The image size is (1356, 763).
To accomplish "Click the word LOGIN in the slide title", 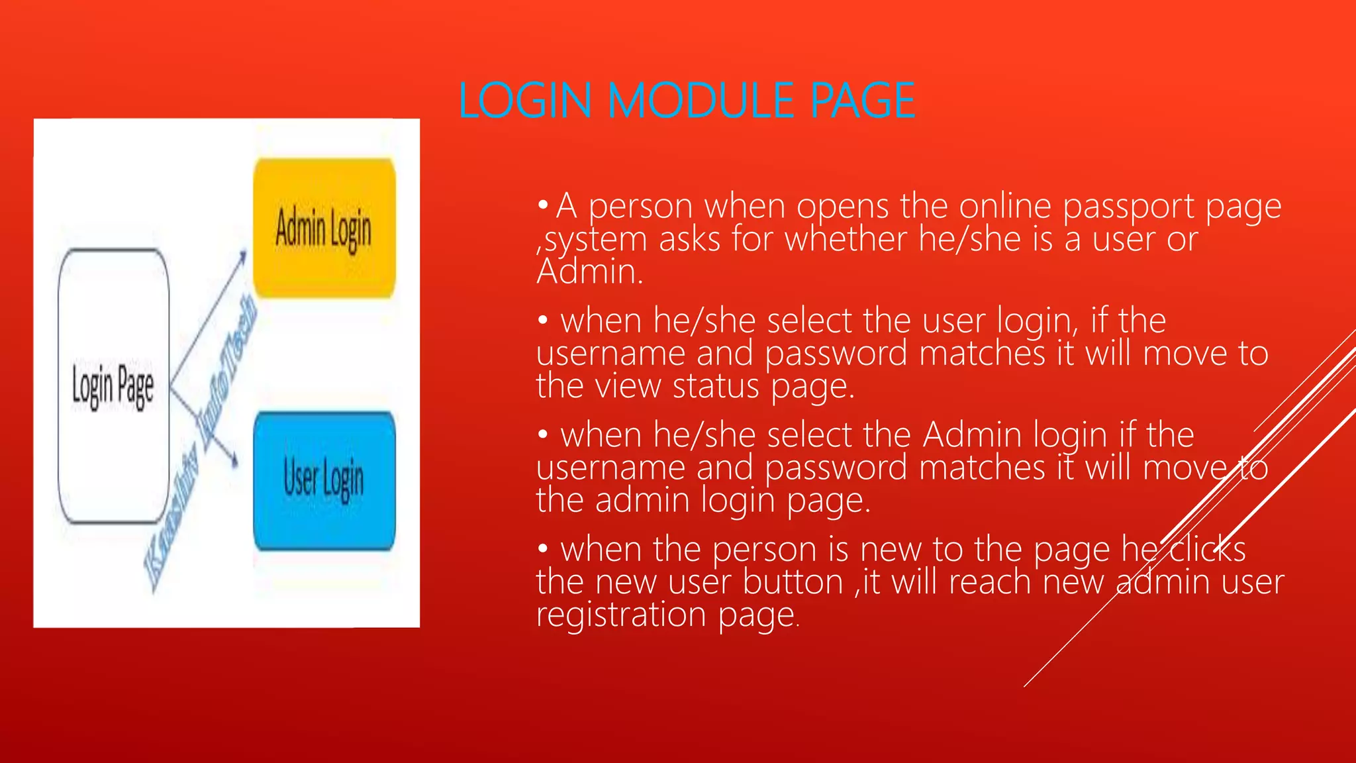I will (x=524, y=101).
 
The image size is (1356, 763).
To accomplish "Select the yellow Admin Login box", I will (x=324, y=228).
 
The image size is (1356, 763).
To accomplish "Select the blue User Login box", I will (x=324, y=480).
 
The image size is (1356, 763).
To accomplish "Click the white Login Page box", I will (x=113, y=386).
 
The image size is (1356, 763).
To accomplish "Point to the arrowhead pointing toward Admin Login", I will (x=242, y=256).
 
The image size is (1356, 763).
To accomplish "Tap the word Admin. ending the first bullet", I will (x=589, y=272).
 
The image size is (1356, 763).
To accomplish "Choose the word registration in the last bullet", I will (x=621, y=615).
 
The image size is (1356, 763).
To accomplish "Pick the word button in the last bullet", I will (x=793, y=582).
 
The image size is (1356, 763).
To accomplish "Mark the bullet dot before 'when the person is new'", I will (x=543, y=548).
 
